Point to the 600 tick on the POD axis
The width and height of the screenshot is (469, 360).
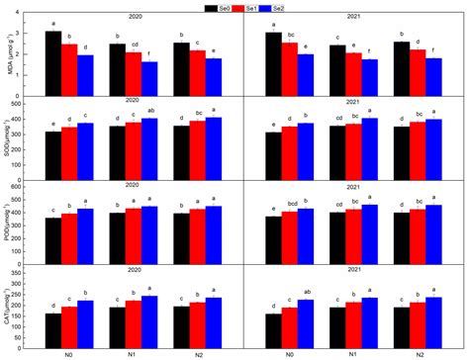(x=20, y=186)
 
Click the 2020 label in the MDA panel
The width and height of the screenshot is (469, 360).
(x=134, y=18)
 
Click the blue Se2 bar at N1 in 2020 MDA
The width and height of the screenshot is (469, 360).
(x=149, y=77)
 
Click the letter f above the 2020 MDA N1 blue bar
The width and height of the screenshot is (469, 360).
(x=149, y=56)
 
